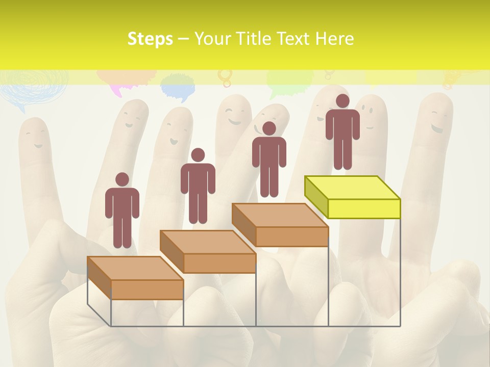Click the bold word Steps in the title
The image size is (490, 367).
[150, 39]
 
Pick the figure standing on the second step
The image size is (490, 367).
[198, 186]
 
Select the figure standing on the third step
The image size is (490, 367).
[269, 160]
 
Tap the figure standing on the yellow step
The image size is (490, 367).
[342, 132]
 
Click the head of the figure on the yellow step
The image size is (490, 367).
[342, 101]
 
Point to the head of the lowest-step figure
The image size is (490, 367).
[122, 179]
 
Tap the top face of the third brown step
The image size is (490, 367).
[280, 215]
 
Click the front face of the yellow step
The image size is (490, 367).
[364, 208]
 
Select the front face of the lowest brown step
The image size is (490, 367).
[147, 290]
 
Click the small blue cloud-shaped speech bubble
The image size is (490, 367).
[178, 87]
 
